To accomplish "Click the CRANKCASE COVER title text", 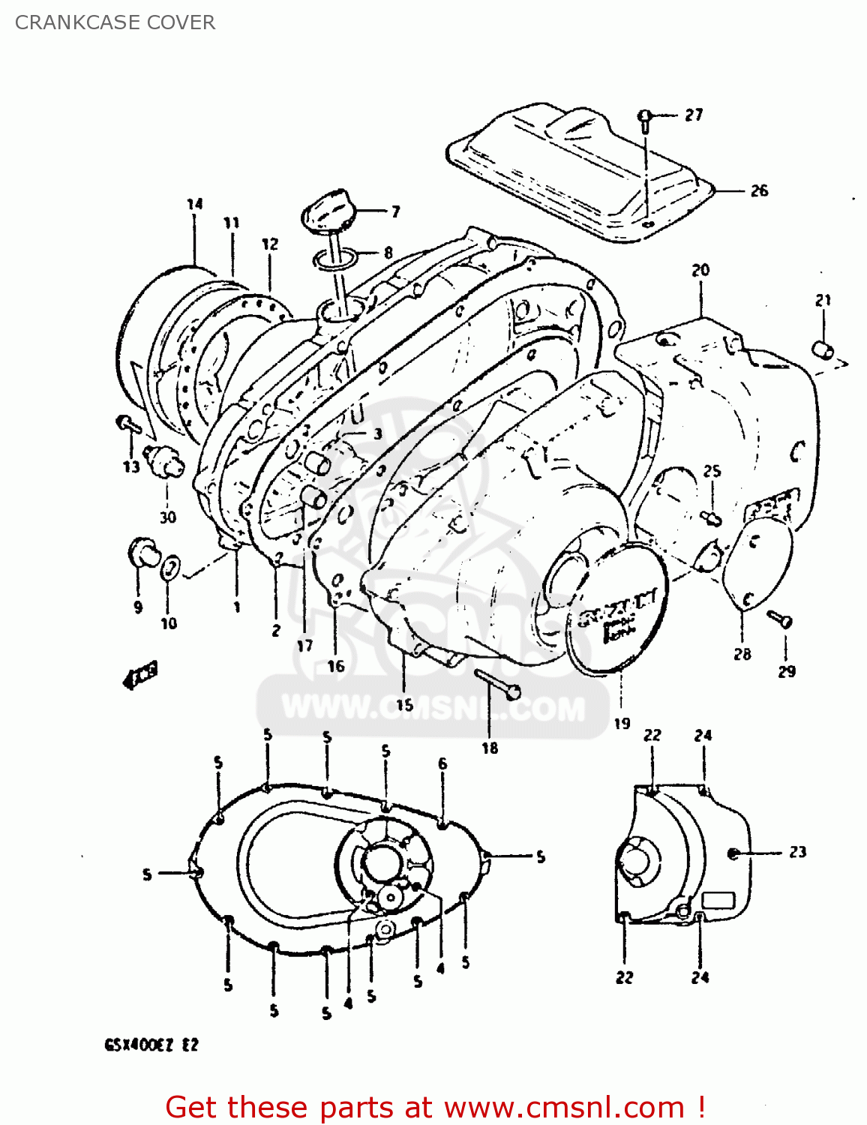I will pyautogui.click(x=115, y=22).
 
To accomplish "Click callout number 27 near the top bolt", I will pyautogui.click(x=694, y=115).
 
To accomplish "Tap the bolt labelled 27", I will pyautogui.click(x=645, y=118).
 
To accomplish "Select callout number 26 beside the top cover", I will pyautogui.click(x=759, y=190).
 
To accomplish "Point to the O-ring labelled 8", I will pyautogui.click(x=334, y=259).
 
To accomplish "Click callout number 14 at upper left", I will pyautogui.click(x=195, y=204).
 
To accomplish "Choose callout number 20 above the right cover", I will pyautogui.click(x=700, y=270).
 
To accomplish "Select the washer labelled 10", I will pyautogui.click(x=171, y=566).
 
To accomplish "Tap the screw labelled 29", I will pyautogui.click(x=781, y=619).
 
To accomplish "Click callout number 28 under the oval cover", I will pyautogui.click(x=742, y=654).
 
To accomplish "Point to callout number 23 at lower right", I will pyautogui.click(x=797, y=852).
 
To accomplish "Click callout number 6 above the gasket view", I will pyautogui.click(x=442, y=763).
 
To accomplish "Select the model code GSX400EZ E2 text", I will pyautogui.click(x=151, y=1045).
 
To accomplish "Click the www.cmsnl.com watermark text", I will pyautogui.click(x=433, y=707).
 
